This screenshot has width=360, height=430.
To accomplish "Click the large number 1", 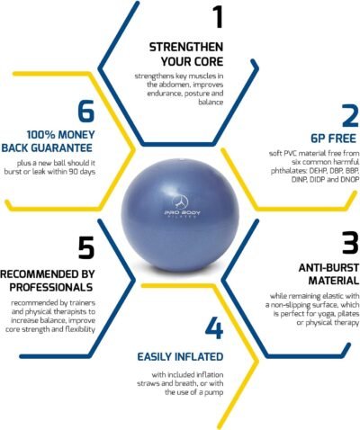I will click(216, 17).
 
